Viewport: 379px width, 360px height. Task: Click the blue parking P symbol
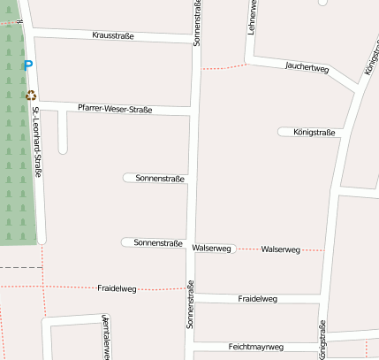tap(28, 65)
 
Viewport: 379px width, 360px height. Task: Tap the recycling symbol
tap(31, 95)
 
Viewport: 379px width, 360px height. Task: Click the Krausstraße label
tap(112, 36)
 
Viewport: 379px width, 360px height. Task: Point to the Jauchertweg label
tap(307, 67)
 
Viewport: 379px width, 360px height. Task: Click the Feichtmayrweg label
tap(255, 347)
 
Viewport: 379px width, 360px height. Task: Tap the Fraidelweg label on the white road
tap(258, 299)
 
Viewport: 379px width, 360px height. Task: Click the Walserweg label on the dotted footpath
tap(281, 250)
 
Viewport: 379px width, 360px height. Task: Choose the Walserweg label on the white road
tap(211, 249)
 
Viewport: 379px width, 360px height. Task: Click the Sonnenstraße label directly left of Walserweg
tap(158, 242)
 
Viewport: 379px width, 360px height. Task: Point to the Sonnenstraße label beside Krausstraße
tap(195, 22)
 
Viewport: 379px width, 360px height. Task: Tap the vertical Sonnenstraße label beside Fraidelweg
tap(189, 306)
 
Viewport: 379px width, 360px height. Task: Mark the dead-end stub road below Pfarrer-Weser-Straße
tap(63, 133)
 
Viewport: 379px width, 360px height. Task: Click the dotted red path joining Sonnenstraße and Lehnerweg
tap(224, 66)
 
